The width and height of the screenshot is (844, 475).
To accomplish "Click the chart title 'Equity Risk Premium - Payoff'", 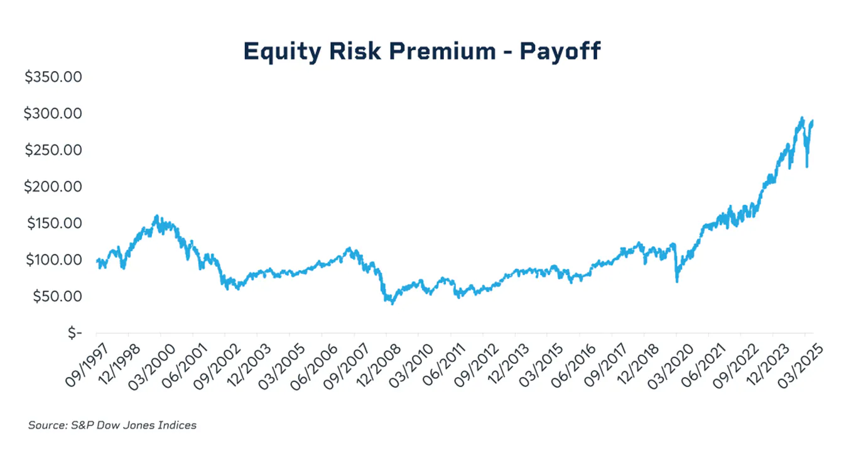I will tap(422, 52).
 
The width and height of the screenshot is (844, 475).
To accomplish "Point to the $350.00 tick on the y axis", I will tap(53, 77).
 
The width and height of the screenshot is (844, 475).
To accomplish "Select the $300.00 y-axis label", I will tap(53, 114).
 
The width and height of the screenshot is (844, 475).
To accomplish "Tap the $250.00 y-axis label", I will tap(53, 150).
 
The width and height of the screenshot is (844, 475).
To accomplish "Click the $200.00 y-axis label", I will tap(53, 187).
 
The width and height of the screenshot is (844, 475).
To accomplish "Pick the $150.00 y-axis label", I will tap(53, 223).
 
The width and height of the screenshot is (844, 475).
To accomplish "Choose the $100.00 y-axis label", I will tap(53, 259).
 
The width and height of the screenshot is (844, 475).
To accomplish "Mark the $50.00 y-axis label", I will tap(56, 296).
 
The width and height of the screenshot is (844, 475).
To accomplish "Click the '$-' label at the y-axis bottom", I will tap(75, 332).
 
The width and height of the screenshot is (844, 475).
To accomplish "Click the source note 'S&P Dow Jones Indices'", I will tap(112, 425).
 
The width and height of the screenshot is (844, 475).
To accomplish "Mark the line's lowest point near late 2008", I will tap(392, 303).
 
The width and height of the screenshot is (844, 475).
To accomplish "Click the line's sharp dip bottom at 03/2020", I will tap(677, 281).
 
